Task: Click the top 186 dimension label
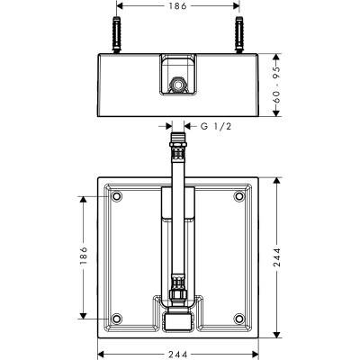click(177, 6)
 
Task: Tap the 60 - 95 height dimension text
click(276, 85)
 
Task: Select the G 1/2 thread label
click(216, 127)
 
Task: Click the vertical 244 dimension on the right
click(276, 257)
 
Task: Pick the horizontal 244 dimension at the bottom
click(177, 355)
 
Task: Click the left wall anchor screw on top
click(116, 35)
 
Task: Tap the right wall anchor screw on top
click(239, 35)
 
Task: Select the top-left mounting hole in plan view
click(116, 196)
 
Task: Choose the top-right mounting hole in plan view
click(239, 196)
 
